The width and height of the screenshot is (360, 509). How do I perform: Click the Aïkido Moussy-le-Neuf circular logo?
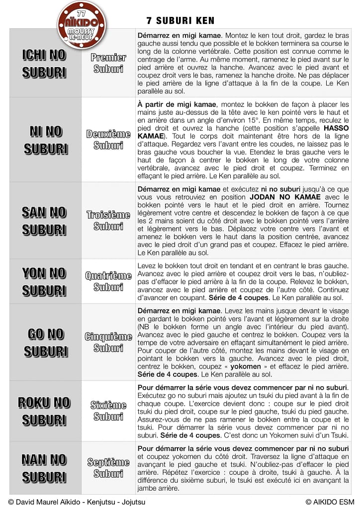click(x=82, y=23)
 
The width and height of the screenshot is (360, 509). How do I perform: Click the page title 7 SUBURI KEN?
click(x=180, y=20)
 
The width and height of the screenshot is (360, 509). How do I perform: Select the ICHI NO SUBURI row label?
click(x=44, y=64)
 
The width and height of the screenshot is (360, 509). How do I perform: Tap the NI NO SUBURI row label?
click(x=45, y=140)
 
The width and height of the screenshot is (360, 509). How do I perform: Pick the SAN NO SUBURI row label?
click(x=44, y=221)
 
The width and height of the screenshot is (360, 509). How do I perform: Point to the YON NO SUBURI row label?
click(x=44, y=281)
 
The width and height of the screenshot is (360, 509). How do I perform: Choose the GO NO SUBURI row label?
click(x=45, y=342)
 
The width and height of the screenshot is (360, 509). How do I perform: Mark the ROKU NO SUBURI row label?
click(x=44, y=411)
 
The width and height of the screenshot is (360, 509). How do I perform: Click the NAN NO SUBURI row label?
click(x=44, y=468)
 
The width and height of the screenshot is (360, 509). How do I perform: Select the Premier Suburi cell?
click(x=108, y=63)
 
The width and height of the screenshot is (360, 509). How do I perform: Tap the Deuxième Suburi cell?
click(x=108, y=140)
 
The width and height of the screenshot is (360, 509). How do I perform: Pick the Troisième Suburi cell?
click(x=108, y=221)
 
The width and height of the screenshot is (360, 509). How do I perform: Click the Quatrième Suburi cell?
click(x=108, y=281)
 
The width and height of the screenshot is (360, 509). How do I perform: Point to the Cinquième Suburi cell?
click(x=108, y=342)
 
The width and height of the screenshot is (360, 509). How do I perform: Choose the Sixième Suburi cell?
click(x=108, y=411)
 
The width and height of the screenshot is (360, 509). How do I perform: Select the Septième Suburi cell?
click(x=108, y=468)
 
